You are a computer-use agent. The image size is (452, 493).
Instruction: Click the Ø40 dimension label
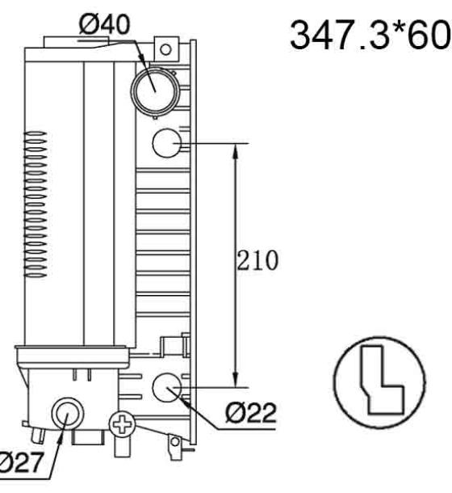tap(104, 24)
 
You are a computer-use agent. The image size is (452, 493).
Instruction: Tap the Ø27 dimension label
tap(20, 462)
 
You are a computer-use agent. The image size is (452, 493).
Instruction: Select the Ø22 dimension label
tap(251, 412)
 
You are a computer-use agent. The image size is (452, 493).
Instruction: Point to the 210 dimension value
tap(257, 260)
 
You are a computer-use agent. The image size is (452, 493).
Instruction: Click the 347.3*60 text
tap(370, 34)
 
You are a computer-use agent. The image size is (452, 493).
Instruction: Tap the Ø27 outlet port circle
tap(67, 414)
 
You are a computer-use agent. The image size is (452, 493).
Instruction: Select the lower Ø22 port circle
tap(167, 387)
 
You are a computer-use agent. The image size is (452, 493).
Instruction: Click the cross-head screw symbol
tap(122, 424)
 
